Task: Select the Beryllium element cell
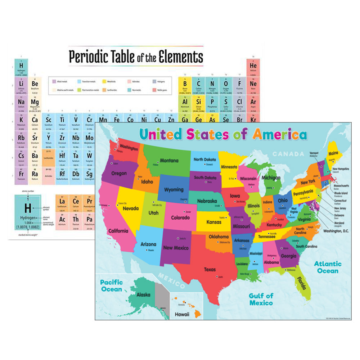point(35,85)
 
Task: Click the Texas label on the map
point(210,269)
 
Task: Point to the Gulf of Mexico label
point(261,299)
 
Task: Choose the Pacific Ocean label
point(111,286)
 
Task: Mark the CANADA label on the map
point(296,154)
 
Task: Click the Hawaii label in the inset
point(182,314)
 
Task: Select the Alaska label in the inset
point(143,294)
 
